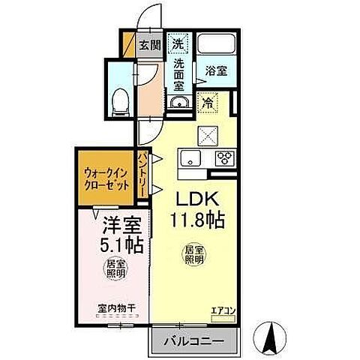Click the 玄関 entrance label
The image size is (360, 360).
tap(150, 44)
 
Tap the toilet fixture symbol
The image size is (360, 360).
tap(120, 101)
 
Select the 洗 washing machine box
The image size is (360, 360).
tap(178, 44)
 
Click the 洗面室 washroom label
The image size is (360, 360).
tap(180, 74)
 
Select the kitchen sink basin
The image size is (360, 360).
tap(189, 157)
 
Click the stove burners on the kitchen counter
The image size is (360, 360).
tap(223, 157)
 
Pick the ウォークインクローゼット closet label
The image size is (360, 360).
tap(106, 180)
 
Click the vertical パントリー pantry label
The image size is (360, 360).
tap(142, 175)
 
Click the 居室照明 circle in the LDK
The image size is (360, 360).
tap(194, 254)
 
